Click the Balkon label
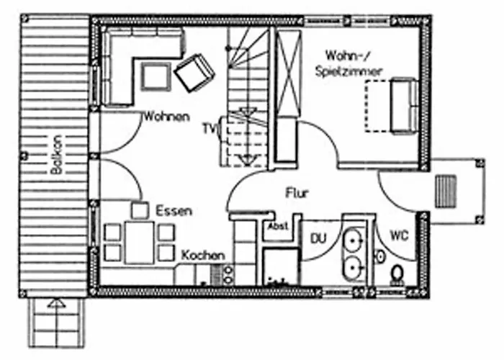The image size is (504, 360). (x=56, y=155)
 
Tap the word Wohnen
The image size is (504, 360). (x=166, y=117)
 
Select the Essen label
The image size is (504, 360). (x=174, y=211)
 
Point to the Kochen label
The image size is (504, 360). (x=203, y=256)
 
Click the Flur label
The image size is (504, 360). (x=297, y=193)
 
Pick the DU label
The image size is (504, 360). (x=318, y=238)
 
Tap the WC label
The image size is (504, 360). (x=399, y=235)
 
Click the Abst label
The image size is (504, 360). (x=278, y=226)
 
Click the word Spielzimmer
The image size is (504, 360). (x=348, y=71)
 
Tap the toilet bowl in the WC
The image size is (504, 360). (x=397, y=276)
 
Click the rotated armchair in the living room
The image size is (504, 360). (x=194, y=73)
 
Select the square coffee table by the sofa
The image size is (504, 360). (x=156, y=77)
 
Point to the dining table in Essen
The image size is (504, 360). (x=140, y=243)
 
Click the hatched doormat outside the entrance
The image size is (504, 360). (x=446, y=192)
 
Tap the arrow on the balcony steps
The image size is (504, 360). (x=57, y=304)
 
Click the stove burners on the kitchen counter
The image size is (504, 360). (x=228, y=275)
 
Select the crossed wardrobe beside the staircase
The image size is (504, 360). (x=289, y=73)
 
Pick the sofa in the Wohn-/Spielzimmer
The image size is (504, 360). (x=405, y=106)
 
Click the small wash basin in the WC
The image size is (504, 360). (x=381, y=256)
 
